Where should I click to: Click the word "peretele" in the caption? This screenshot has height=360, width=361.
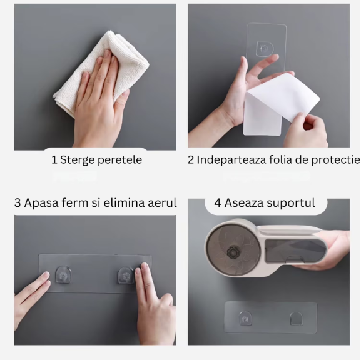tap(119, 160)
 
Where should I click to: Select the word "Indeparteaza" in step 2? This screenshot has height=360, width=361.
tap(231, 160)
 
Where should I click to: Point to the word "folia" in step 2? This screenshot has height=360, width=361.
tap(280, 159)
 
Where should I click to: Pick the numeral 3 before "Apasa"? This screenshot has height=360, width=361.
tap(18, 203)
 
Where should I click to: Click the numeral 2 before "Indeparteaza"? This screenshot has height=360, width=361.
tap(191, 160)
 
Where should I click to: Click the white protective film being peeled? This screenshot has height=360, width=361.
tap(281, 104)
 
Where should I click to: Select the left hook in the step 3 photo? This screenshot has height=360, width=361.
tap(63, 274)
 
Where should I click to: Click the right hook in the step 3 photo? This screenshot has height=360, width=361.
tap(126, 276)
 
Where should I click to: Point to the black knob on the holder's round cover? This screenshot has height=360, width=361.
tap(233, 252)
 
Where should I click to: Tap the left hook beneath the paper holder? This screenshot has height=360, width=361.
tap(245, 318)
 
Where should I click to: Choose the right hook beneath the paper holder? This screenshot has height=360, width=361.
tap(297, 319)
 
